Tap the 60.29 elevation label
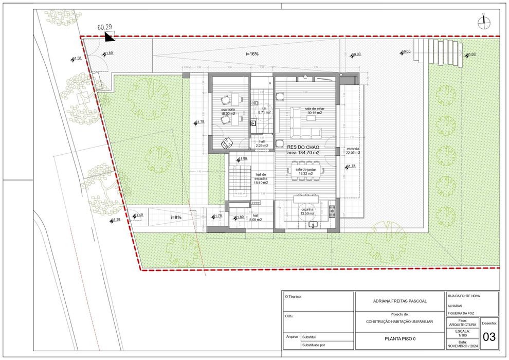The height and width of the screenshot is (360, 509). coord(105,27)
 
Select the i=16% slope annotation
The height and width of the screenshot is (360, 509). coord(252,53)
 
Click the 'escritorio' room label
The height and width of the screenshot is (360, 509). coord(228,110)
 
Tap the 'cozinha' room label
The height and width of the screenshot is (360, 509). coord(307,210)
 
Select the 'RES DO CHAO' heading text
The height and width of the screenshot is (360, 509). coord(303,147)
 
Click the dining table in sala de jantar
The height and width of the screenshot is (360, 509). coord(305,169)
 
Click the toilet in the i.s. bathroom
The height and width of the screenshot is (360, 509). coord(254,103)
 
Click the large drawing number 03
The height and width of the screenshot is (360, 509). coord(489,337)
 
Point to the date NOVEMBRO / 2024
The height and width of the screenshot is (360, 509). coord(462,346)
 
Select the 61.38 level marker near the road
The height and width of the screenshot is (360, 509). coord(115,220)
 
